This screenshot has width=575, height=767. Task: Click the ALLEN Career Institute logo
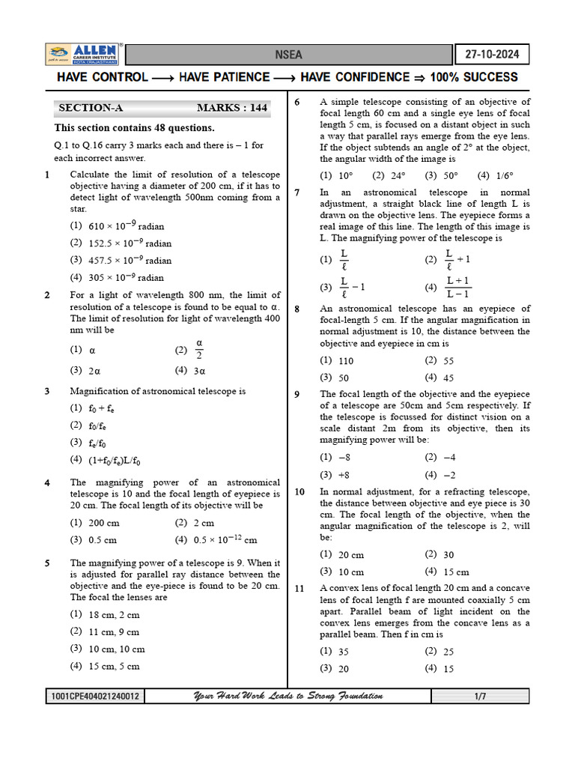(x=83, y=54)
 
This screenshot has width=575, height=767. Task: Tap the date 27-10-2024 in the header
(x=492, y=55)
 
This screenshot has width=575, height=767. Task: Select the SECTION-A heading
(x=91, y=108)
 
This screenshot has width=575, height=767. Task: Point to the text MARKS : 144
(x=231, y=108)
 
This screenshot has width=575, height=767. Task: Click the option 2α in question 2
(x=95, y=371)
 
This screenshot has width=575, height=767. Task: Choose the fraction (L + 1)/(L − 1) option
(x=457, y=286)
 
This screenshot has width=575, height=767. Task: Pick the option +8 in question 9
(x=344, y=475)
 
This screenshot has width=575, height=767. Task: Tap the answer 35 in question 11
(x=344, y=652)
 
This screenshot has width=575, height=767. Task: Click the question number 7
(x=297, y=193)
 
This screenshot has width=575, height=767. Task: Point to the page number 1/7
(x=480, y=697)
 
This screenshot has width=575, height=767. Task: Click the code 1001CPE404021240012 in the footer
(x=94, y=697)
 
